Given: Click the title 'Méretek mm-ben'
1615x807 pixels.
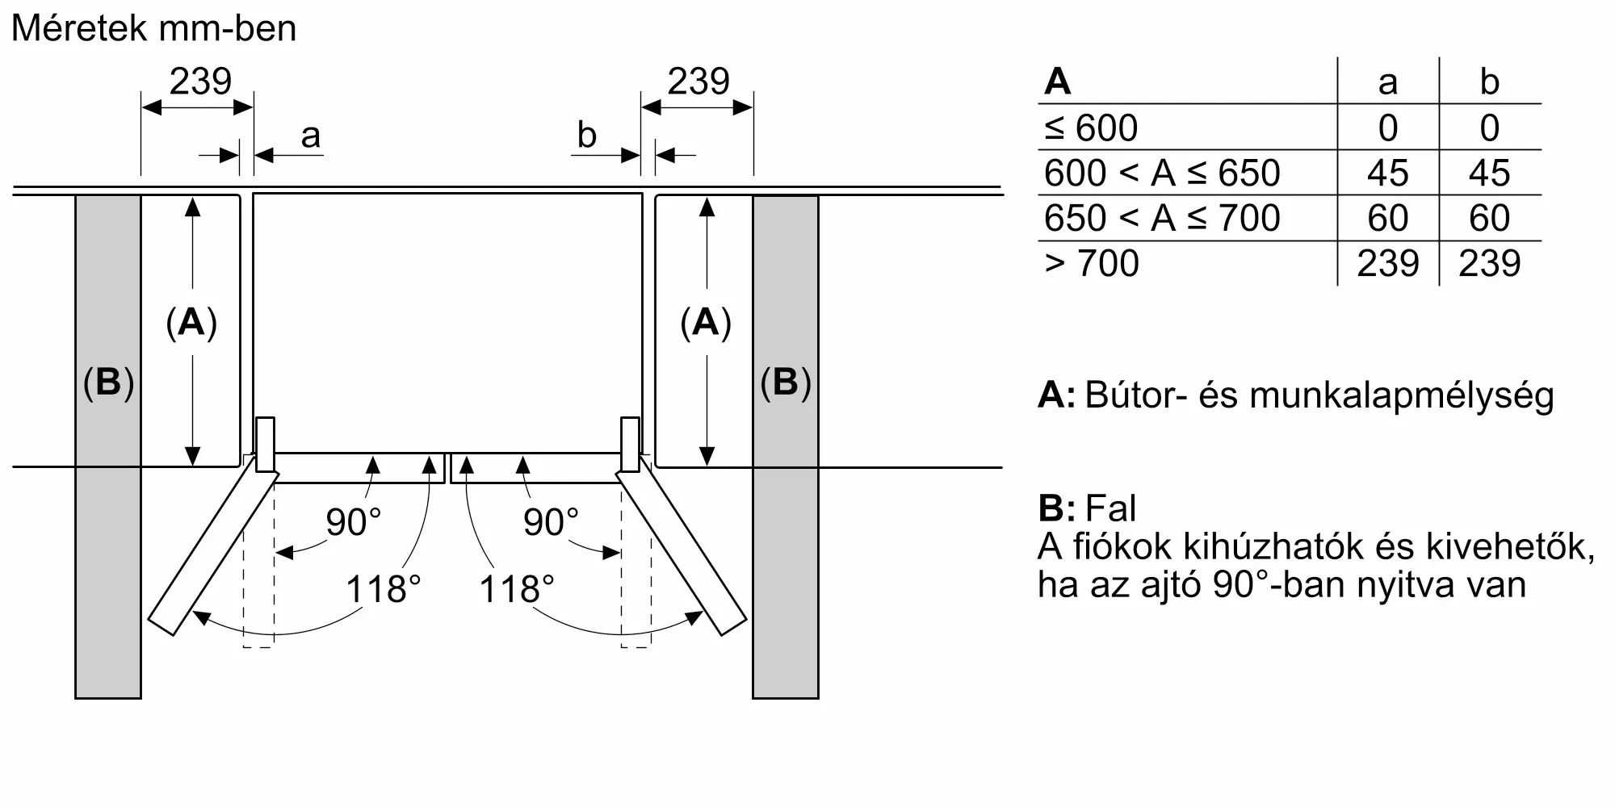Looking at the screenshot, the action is (154, 28).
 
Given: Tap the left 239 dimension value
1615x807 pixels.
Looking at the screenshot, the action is (200, 82).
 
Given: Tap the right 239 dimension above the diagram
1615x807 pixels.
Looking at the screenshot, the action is (698, 82).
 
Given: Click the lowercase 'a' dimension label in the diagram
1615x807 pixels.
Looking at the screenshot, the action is (310, 136).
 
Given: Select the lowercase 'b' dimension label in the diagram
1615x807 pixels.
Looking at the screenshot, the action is (586, 135).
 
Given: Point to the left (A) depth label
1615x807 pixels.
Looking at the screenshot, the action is (191, 323).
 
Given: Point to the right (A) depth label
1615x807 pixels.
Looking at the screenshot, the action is (706, 323).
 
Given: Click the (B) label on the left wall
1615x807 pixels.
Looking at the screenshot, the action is (108, 382).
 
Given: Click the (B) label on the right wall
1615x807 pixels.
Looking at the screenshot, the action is (786, 382).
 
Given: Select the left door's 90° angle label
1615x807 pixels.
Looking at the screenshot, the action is (354, 522).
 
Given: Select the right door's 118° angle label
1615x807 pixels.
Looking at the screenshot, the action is (517, 589).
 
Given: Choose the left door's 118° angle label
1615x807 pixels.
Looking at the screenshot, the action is (384, 589).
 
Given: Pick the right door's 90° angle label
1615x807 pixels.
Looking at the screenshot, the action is (552, 522).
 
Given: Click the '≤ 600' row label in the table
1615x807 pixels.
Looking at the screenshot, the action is (1091, 128).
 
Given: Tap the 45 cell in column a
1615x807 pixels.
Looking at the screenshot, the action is (1387, 174).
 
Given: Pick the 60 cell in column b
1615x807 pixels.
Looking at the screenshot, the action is (1489, 219).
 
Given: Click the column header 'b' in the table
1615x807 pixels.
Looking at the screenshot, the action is (1489, 82).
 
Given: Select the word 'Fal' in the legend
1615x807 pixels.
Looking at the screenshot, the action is (1110, 508).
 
